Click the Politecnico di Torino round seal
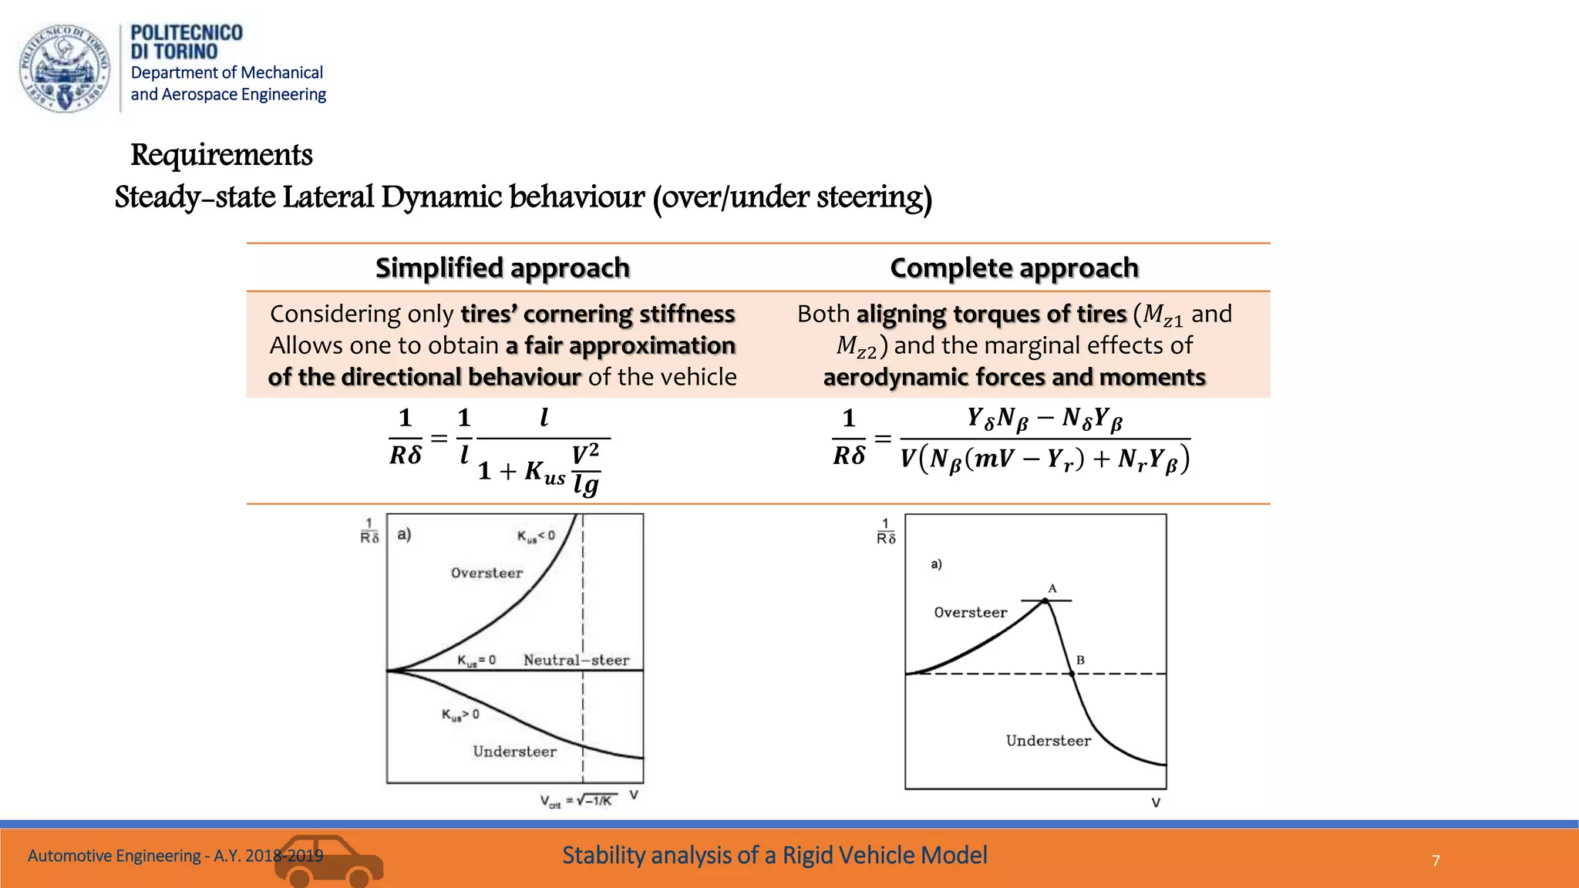point(65,69)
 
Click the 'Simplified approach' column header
point(503,268)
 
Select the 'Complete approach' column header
point(1014,268)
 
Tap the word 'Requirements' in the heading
point(221,155)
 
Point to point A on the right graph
point(1045,600)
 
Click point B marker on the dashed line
point(1072,674)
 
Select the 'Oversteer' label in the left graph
point(486,573)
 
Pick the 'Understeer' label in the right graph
point(1048,741)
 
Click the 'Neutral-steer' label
point(576,660)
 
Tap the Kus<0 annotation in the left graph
point(536,536)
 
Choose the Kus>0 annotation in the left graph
point(460,715)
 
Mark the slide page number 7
point(1436,860)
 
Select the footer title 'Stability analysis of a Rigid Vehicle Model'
point(774,856)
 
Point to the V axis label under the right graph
point(1156,802)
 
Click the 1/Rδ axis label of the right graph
point(886,531)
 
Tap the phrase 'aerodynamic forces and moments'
point(1014,377)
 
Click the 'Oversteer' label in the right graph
point(971,613)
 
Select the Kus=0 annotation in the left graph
point(476,661)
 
